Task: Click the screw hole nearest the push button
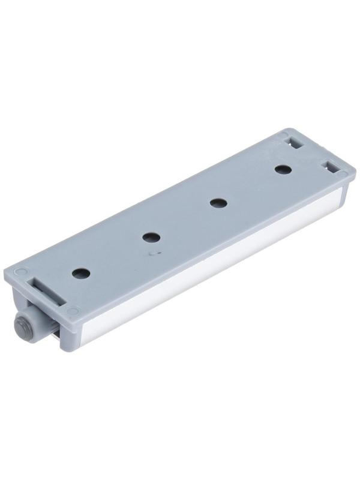click(x=80, y=273)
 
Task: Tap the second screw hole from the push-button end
click(x=151, y=238)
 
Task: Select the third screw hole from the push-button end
click(x=218, y=203)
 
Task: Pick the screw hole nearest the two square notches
click(x=283, y=170)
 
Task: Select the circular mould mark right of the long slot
click(x=73, y=311)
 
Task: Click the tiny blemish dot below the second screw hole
click(x=151, y=254)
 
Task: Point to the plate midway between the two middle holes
click(x=185, y=220)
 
